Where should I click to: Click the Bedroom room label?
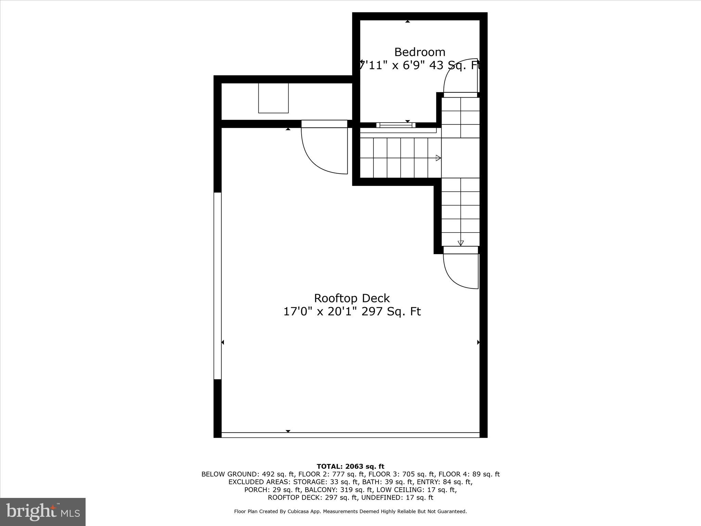(420, 52)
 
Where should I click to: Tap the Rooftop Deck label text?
(352, 298)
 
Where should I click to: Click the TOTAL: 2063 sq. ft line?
(350, 466)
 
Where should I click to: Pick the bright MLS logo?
(43, 512)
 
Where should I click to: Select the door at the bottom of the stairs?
(460, 271)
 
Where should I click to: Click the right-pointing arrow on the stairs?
(438, 158)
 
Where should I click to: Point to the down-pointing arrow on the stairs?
(461, 243)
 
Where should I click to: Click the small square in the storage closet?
(273, 98)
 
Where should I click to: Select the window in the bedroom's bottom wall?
(396, 125)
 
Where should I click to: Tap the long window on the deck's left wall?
(217, 286)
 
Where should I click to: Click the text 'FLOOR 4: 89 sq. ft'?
(469, 474)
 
